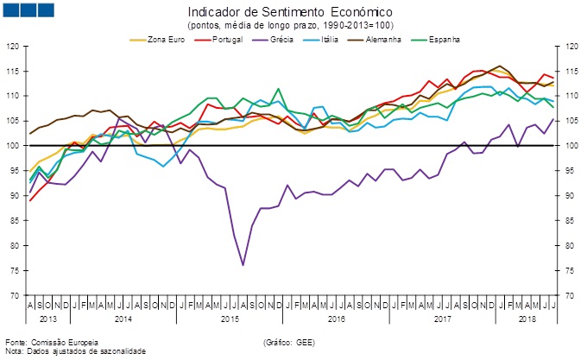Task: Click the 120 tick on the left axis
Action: tap(12, 46)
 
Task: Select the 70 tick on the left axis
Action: tap(14, 295)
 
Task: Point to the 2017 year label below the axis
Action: tap(442, 319)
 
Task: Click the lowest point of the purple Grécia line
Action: tap(243, 265)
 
